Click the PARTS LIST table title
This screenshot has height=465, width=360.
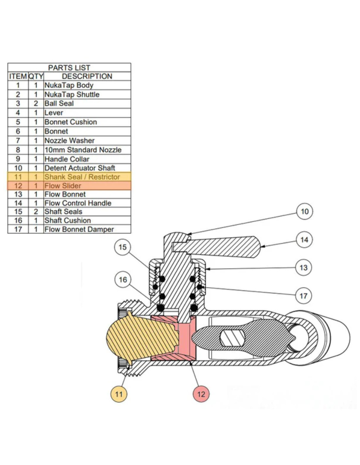coord(69,68)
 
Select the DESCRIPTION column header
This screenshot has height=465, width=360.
coord(87,76)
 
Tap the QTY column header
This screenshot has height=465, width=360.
coord(36,76)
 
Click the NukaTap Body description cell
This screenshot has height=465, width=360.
coord(69,85)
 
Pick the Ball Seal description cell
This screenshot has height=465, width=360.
coord(59,104)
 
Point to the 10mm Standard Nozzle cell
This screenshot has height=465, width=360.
coord(83,150)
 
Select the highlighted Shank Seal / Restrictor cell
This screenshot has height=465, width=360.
coord(82,177)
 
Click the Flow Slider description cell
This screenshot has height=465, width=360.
coord(63,186)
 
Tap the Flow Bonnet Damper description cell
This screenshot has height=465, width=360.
coord(79,229)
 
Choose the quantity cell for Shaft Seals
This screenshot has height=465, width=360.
coord(36,212)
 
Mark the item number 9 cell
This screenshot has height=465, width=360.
coord(18,159)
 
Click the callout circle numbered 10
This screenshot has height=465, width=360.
coord(304,212)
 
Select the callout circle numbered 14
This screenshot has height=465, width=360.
coord(304,240)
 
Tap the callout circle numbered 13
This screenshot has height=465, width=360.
coord(303,267)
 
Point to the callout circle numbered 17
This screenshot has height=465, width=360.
coord(303,296)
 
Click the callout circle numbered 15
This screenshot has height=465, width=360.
coord(122,247)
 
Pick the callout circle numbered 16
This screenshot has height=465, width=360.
coord(123,280)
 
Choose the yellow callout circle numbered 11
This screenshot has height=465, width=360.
coord(119,394)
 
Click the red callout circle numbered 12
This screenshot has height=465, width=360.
coord(201,394)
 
